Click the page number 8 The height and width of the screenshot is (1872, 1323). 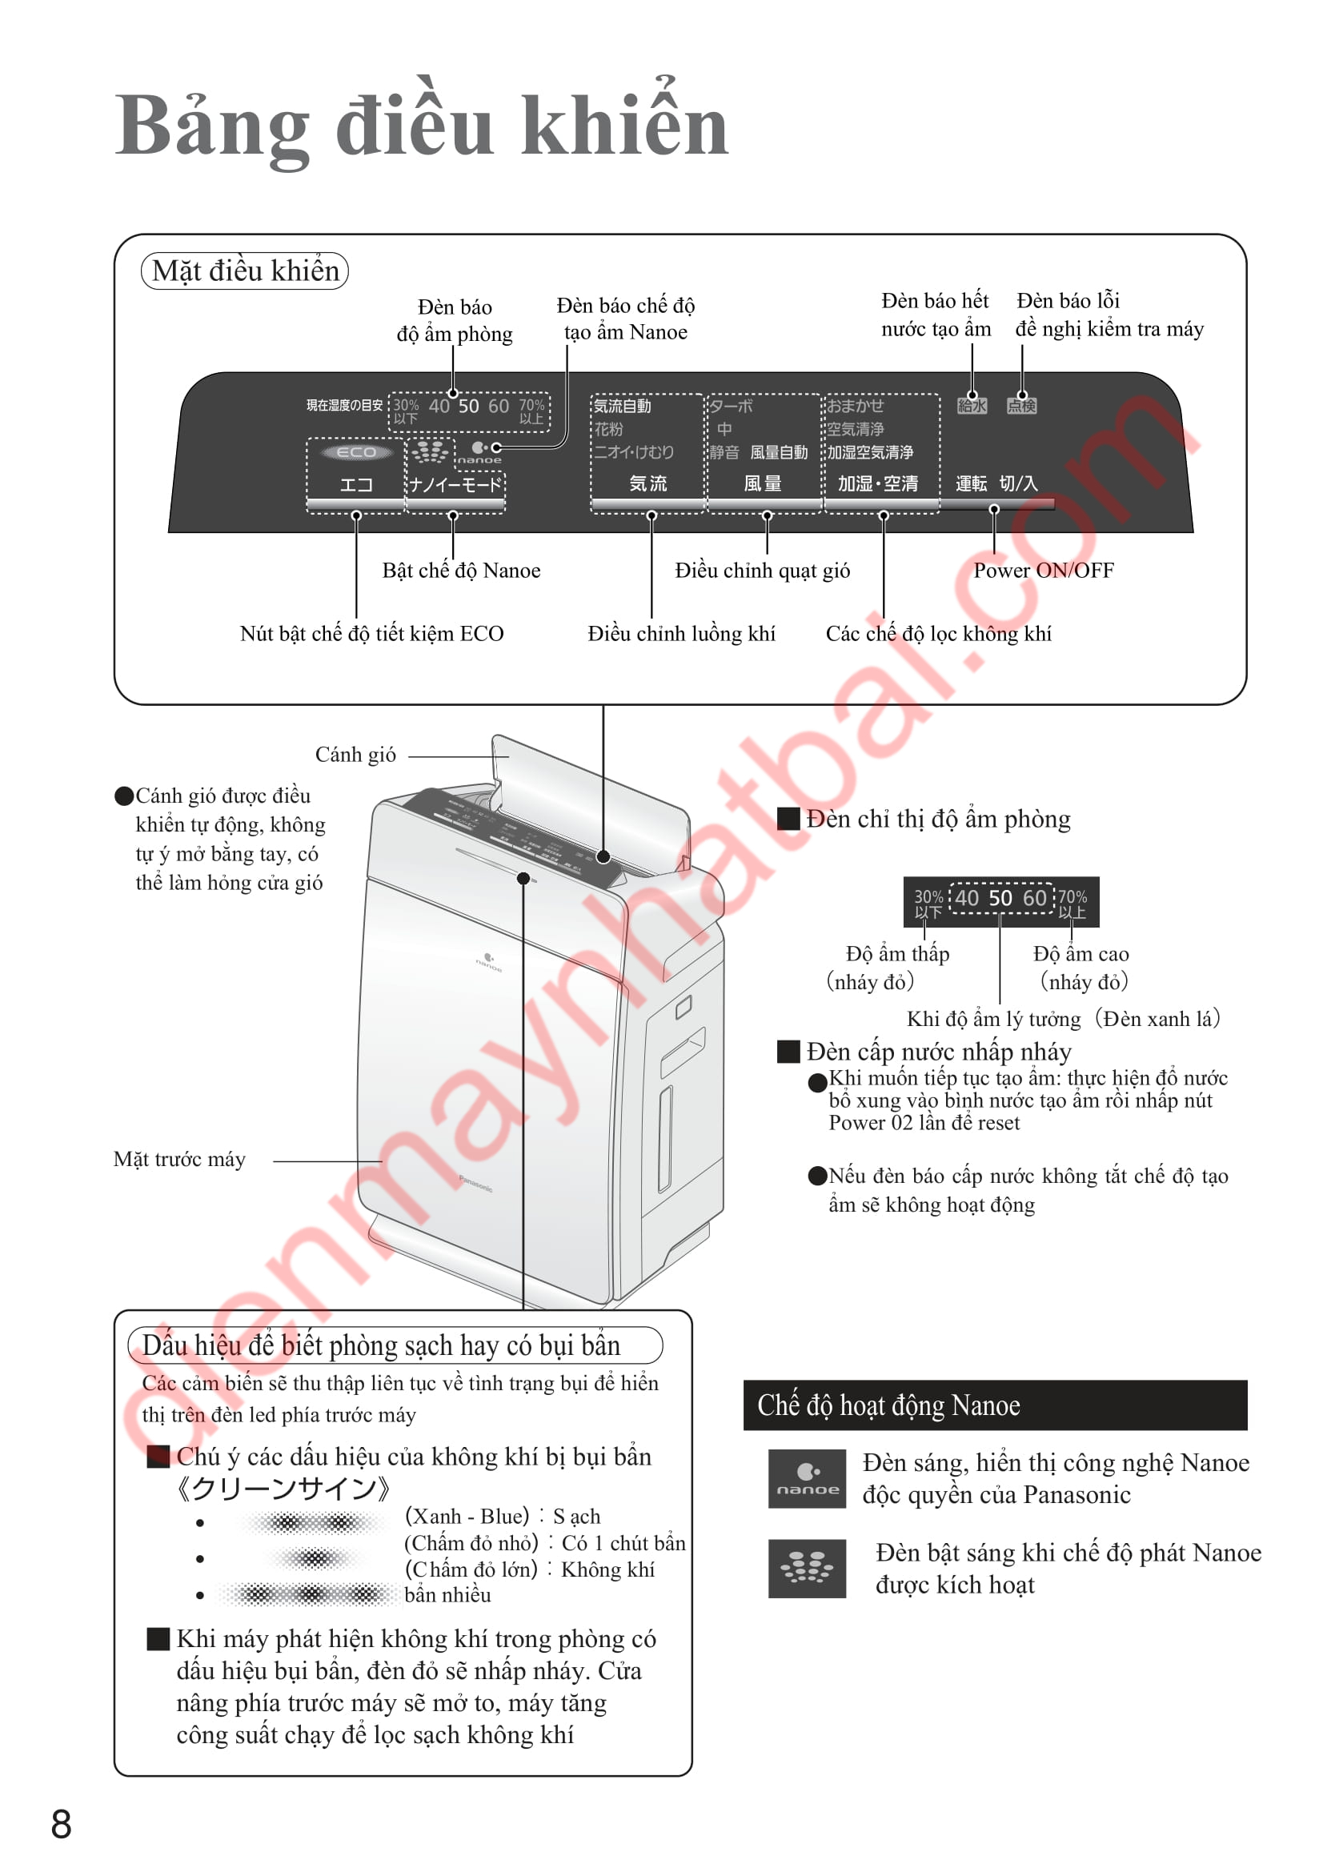tap(61, 1824)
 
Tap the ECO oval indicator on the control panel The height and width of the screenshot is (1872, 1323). tap(356, 452)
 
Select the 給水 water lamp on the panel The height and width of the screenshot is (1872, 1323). tap(972, 405)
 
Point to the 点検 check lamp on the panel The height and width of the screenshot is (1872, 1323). tap(1021, 405)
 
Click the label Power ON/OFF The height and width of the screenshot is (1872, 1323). tap(1043, 571)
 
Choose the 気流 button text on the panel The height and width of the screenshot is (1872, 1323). tap(648, 483)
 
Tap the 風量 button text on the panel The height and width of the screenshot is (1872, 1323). tap(763, 483)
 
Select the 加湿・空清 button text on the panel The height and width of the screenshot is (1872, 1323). tap(878, 483)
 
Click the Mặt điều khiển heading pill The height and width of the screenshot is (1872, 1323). tap(245, 271)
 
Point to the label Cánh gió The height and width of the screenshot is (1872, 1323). tap(355, 755)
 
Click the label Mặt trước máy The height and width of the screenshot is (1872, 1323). tap(179, 1160)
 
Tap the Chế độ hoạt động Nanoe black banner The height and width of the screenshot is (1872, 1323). tap(995, 1405)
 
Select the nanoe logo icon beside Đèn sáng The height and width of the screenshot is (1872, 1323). tap(807, 1478)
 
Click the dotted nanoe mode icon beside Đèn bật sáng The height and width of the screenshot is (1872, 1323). tap(807, 1567)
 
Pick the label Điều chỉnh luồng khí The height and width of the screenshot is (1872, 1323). tap(681, 635)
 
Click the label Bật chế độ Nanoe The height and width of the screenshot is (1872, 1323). tap(461, 571)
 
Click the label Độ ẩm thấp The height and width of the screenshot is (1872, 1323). tap(897, 954)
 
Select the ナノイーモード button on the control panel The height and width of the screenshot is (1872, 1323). tap(455, 485)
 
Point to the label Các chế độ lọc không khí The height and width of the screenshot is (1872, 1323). tap(938, 635)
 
